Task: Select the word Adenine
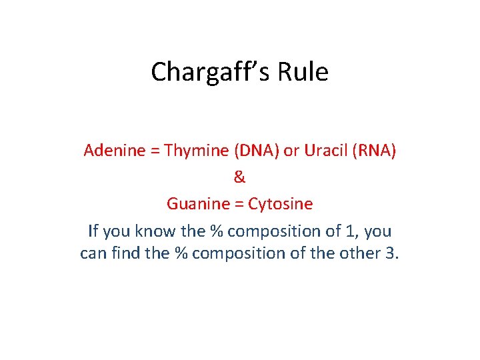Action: click(x=114, y=151)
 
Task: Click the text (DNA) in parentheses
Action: click(x=256, y=151)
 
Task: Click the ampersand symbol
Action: click(x=240, y=177)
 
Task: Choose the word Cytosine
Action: click(x=280, y=204)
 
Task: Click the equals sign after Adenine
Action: click(x=155, y=151)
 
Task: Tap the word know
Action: click(x=154, y=231)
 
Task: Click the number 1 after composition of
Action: click(x=350, y=231)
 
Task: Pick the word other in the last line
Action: click(x=361, y=254)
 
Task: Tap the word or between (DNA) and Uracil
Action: click(x=291, y=151)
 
